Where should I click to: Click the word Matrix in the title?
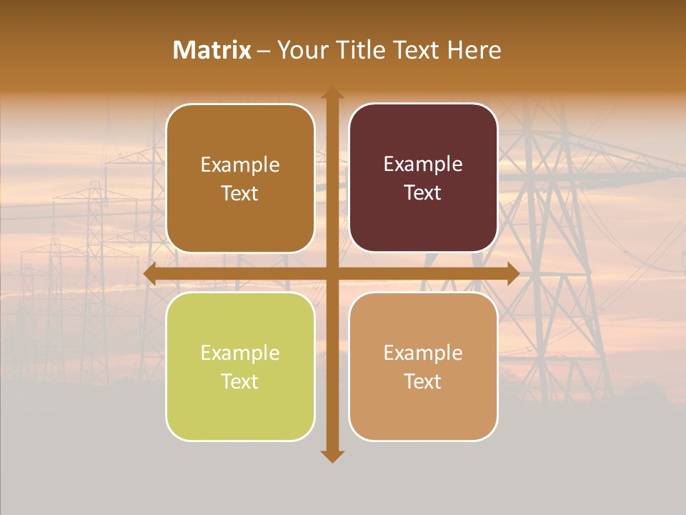[x=212, y=50]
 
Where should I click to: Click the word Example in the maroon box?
[x=423, y=164]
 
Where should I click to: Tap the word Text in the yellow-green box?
[x=240, y=381]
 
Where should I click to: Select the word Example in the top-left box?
[x=240, y=165]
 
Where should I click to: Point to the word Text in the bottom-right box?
[x=423, y=381]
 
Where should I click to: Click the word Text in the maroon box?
[x=423, y=192]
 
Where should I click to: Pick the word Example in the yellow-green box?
[x=240, y=353]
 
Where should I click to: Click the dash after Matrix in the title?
[x=264, y=50]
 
